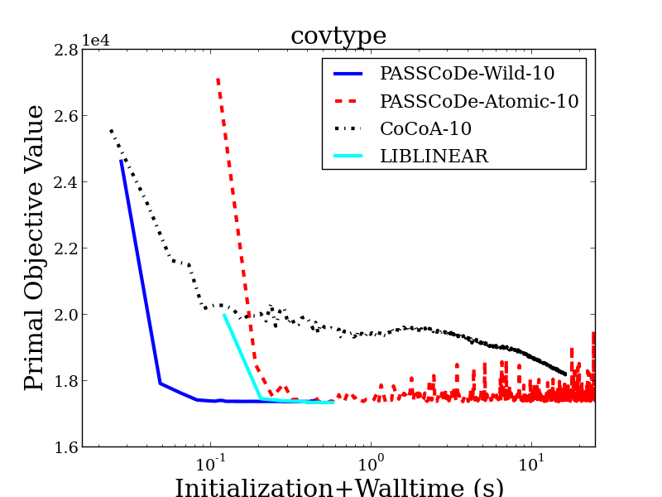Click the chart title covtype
pos(338,36)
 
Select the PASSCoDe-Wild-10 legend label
pos(467,73)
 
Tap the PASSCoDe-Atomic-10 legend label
pos(479,101)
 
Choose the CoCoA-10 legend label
pos(425,128)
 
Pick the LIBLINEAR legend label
pos(434,156)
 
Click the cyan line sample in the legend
pos(348,156)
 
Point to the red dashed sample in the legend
pos(346,101)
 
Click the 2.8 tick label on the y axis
pos(66,51)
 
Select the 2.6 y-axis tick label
pos(66,116)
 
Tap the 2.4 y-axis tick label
pos(66,182)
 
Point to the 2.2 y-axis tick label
pos(66,248)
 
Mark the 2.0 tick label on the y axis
pos(66,315)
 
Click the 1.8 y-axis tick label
pos(66,381)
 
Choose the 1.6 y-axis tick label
pos(66,447)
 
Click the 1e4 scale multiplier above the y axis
pos(96,40)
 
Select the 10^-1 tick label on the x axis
pos(210,464)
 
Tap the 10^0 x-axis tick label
pos(370,464)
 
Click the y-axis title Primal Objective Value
pos(34,248)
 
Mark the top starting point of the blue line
pos(121,161)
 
